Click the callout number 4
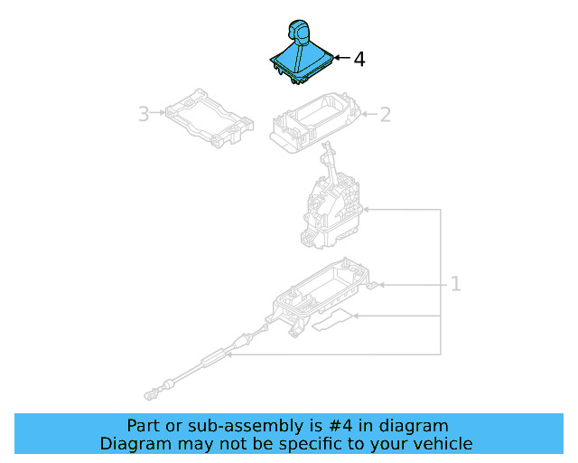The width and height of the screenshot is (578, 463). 359,60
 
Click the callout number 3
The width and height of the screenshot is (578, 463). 144,114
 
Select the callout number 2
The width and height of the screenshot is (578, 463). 386,115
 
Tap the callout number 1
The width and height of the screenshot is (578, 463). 456,284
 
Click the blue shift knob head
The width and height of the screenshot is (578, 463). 299,31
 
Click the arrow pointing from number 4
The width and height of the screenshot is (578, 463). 341,58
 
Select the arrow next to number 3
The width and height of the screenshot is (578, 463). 158,112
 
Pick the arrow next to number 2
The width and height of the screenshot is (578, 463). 369,114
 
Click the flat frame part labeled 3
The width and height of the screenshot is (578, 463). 209,118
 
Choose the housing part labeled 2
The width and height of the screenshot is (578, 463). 315,123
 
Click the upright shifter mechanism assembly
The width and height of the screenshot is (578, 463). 331,199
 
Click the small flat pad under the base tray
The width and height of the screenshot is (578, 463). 332,320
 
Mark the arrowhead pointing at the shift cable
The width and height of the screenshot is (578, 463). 228,354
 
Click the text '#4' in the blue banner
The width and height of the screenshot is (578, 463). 340,426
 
